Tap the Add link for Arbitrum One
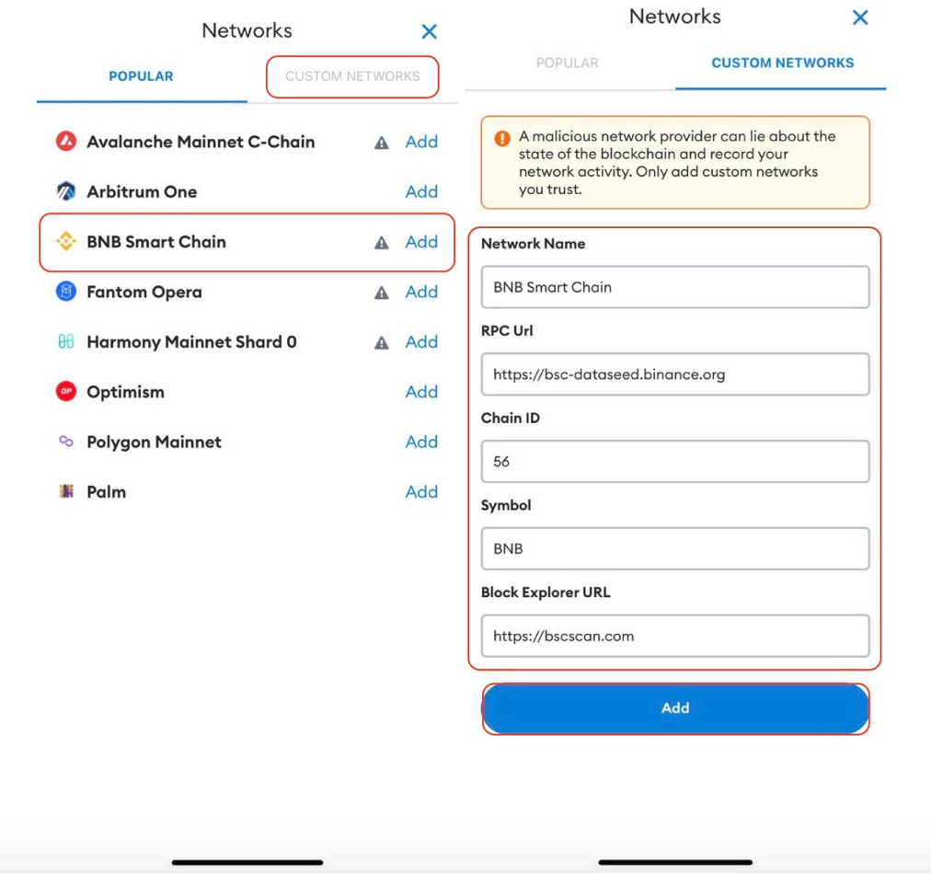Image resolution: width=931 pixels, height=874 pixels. (x=421, y=191)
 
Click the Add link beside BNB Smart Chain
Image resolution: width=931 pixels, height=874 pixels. (x=421, y=242)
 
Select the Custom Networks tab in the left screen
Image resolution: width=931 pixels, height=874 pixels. (x=352, y=76)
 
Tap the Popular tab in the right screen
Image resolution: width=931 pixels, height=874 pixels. (x=567, y=63)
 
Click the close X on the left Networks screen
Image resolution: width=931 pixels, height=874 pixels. (x=430, y=31)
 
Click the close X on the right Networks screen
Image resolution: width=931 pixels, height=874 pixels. (x=860, y=17)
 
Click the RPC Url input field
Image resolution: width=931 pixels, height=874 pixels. (x=675, y=374)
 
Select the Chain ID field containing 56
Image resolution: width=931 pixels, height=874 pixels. (x=675, y=461)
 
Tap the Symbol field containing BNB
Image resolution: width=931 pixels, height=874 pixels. (x=675, y=548)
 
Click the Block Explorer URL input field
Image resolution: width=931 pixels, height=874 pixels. (x=675, y=636)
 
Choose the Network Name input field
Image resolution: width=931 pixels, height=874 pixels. (x=675, y=287)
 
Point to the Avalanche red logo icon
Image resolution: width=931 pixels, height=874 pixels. (x=66, y=142)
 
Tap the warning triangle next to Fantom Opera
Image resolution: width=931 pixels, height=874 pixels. (x=381, y=293)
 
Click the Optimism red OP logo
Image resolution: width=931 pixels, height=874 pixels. (x=66, y=391)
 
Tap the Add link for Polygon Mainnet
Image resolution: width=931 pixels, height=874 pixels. (x=421, y=442)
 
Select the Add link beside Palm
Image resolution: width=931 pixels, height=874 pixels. (x=421, y=491)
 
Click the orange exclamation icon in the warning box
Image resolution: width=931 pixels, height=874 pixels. (x=502, y=138)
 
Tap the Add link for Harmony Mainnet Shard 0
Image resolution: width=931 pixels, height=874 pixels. (x=421, y=342)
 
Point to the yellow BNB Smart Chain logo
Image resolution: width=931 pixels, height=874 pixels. (x=66, y=241)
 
